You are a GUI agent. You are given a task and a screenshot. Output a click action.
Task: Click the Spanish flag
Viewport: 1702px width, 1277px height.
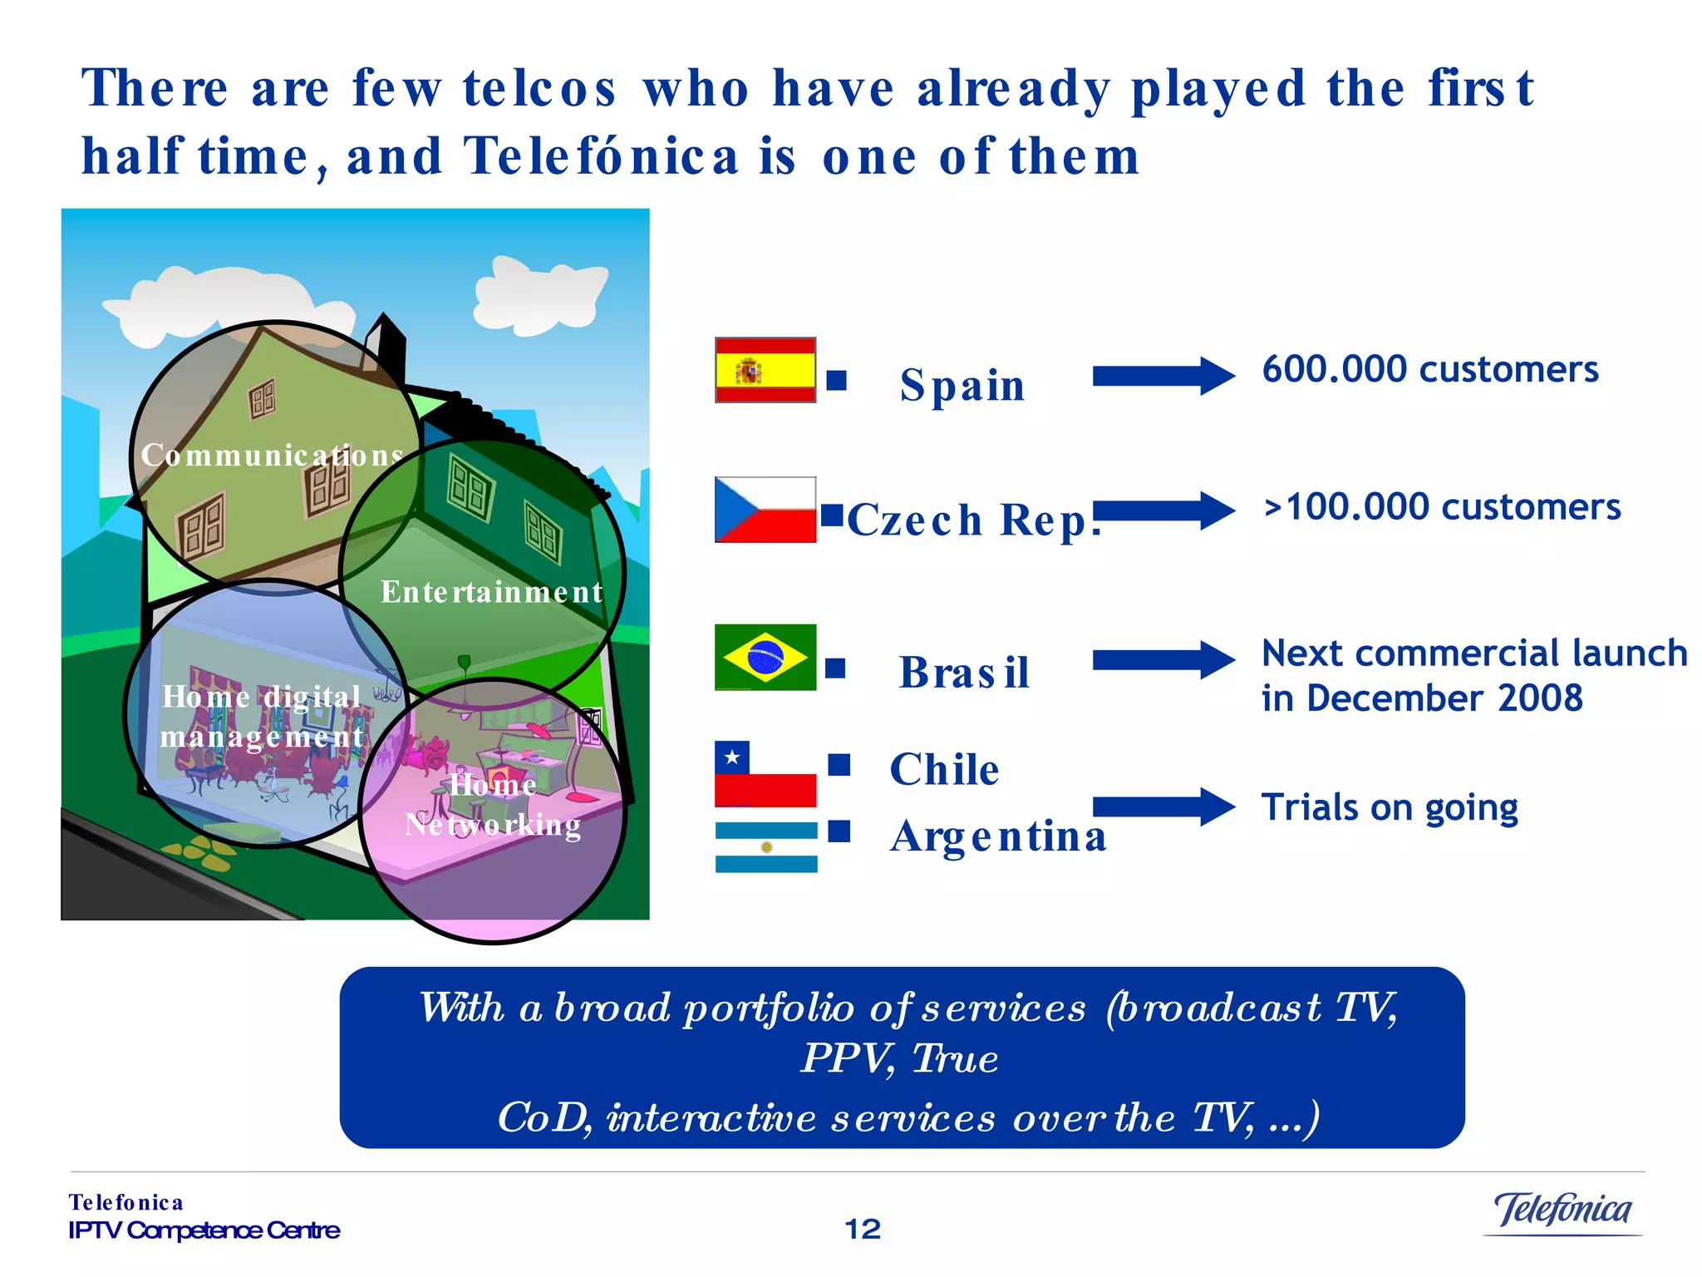pos(765,370)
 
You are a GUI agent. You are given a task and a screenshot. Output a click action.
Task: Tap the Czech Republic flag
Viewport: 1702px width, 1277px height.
pos(765,510)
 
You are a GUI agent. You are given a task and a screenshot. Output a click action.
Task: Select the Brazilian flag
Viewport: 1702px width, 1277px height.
pos(765,657)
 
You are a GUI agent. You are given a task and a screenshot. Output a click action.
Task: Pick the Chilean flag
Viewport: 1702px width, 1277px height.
pos(765,774)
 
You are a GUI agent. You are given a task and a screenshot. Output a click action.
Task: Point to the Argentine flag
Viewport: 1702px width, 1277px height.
pos(765,846)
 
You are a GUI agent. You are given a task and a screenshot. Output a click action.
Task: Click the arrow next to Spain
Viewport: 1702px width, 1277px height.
pos(1163,376)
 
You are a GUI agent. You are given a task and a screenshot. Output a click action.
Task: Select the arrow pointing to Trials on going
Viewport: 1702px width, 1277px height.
pos(1163,806)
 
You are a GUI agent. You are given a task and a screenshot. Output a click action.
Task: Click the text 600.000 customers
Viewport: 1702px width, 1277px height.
pos(1429,369)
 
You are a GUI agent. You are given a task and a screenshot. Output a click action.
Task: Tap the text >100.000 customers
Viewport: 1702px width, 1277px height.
pos(1441,506)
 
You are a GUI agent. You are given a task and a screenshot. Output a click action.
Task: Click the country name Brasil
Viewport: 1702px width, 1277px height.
pos(964,672)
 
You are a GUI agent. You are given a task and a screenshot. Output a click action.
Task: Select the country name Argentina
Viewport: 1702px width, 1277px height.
pos(998,836)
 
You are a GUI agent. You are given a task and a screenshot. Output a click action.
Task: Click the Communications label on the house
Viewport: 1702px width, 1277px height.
pos(272,455)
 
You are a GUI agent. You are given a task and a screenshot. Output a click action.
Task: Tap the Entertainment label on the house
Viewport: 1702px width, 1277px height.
pos(491,592)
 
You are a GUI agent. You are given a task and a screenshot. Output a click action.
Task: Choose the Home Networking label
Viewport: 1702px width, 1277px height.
pos(493,805)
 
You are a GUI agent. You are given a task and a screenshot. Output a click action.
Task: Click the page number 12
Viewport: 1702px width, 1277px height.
pos(862,1229)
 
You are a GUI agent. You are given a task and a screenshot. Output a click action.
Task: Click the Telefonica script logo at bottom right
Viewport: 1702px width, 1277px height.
pos(1562,1210)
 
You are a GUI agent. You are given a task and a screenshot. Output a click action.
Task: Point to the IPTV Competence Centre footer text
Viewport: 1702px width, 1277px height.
pos(204,1230)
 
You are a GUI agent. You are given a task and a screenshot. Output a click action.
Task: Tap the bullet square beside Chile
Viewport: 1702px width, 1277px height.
pos(839,764)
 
